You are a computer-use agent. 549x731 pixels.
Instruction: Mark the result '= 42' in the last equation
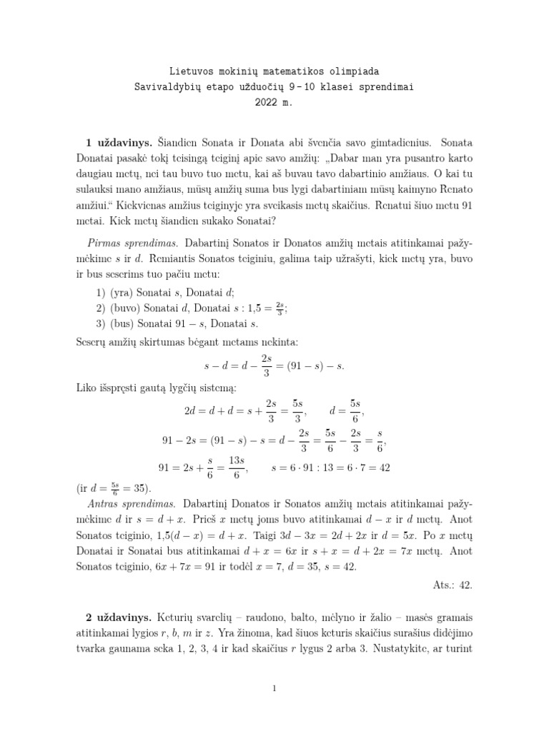(x=376, y=468)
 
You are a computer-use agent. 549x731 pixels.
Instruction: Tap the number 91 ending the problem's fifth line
(x=465, y=204)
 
